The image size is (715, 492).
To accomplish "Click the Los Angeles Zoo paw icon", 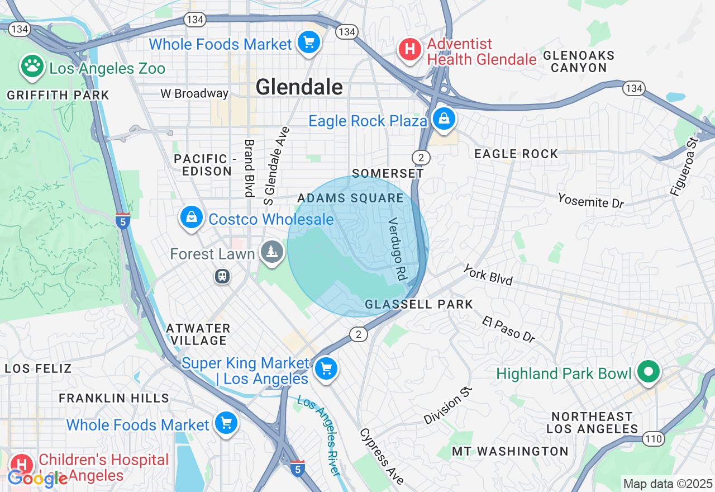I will (33, 67).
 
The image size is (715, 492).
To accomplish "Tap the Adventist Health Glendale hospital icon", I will (409, 50).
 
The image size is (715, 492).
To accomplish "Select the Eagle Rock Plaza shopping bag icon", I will (444, 119).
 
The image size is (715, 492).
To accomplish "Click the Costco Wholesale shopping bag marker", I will (192, 217).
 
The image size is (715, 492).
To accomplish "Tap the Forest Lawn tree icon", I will (272, 252).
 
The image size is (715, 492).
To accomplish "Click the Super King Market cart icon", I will (326, 368).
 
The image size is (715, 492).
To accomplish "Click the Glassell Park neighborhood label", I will (419, 304).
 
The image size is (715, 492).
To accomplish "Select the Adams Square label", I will (350, 198).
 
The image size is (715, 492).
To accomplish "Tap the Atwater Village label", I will (198, 334).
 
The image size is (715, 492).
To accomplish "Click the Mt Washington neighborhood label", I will (510, 451).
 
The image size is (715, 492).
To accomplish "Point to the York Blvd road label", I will (488, 275).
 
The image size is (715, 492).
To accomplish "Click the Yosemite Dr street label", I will (590, 200).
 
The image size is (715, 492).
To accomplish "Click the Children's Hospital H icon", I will (22, 465).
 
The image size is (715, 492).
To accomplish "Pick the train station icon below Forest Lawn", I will (222, 276).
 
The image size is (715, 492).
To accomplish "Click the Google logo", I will (37, 478).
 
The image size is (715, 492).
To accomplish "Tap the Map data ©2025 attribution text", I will (668, 484).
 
